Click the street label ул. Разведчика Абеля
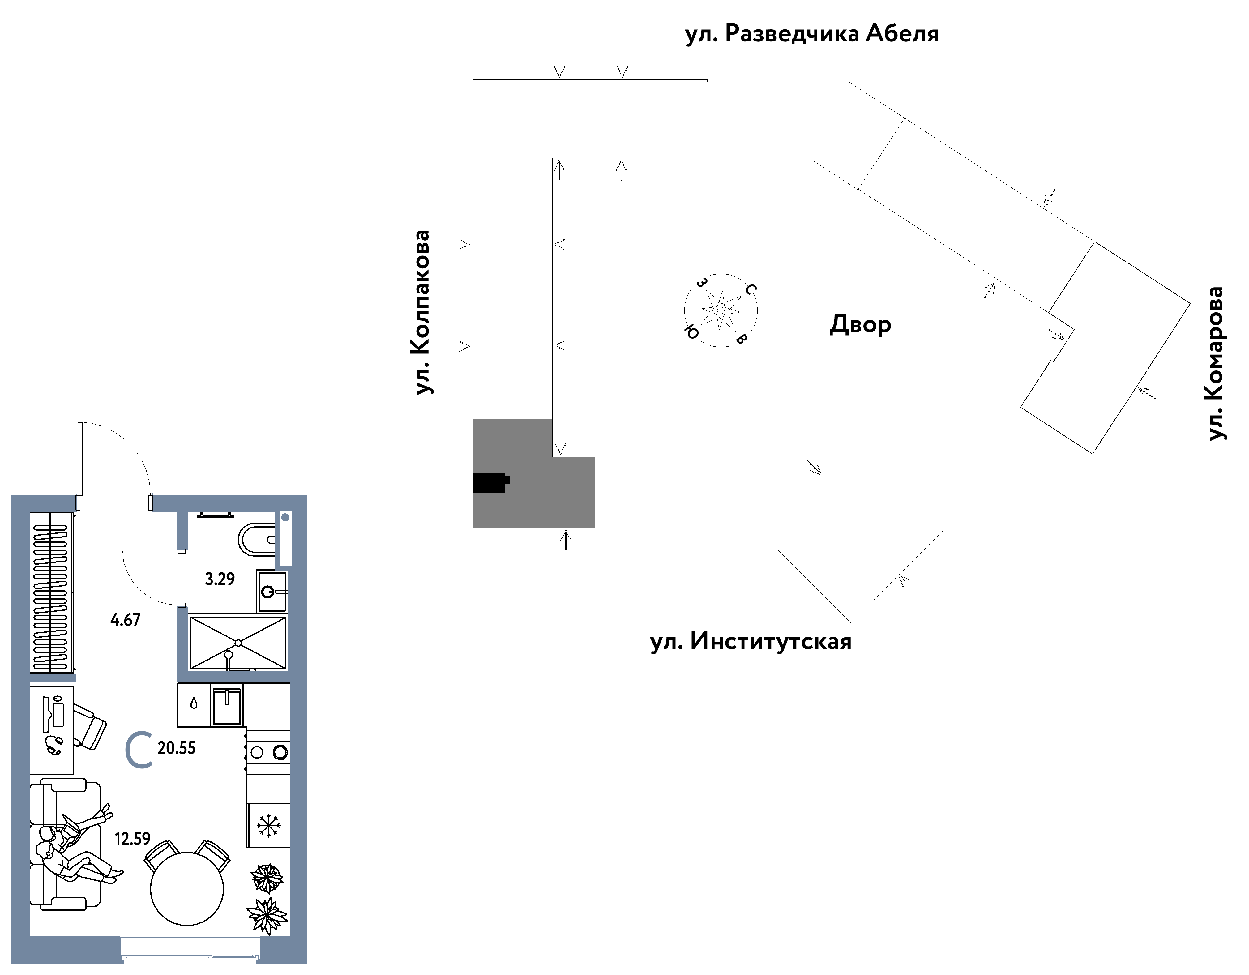tap(811, 34)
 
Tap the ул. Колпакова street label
tap(421, 312)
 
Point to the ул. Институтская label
tap(751, 641)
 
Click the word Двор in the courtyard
tap(860, 324)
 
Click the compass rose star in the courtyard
tap(721, 310)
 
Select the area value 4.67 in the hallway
tap(125, 620)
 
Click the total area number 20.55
tap(177, 748)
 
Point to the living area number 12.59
tap(133, 839)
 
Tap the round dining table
tap(187, 889)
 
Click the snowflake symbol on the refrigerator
tap(268, 825)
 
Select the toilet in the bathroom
tap(257, 539)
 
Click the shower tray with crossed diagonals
tap(238, 643)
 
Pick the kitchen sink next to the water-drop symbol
tap(227, 705)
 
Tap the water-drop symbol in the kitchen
tap(194, 703)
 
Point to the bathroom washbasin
tap(272, 591)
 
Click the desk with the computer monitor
tap(52, 730)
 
